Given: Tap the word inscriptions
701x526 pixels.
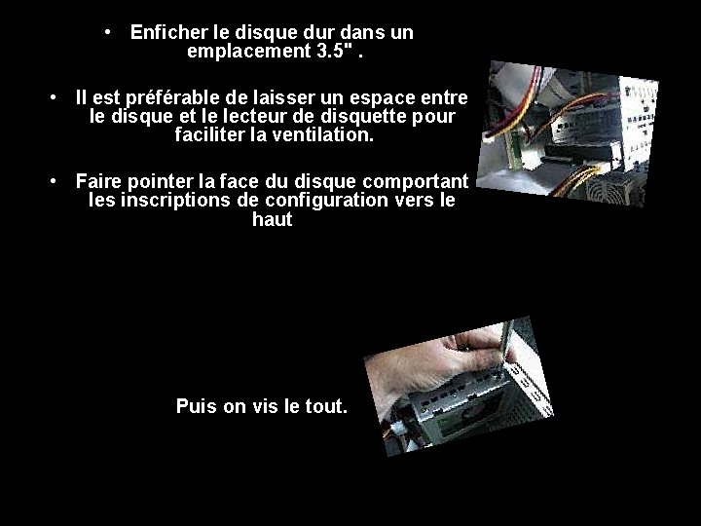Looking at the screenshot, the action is tap(175, 201).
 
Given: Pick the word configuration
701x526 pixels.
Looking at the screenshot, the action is tap(326, 201).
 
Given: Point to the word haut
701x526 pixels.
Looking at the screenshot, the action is tap(273, 219).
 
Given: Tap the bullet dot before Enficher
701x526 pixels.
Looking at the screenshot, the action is tap(107, 32).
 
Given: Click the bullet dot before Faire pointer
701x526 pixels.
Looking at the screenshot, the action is tap(54, 181).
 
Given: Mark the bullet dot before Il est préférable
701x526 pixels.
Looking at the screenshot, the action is tap(54, 97).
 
